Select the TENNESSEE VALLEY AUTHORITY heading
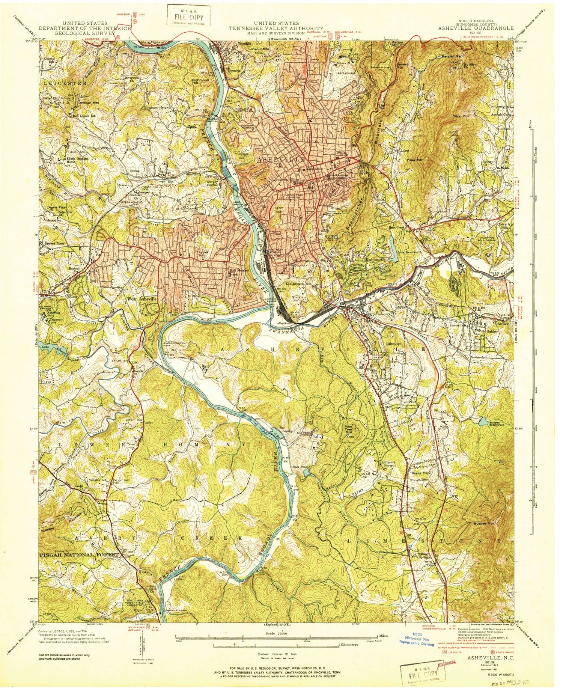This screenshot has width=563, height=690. pyautogui.click(x=276, y=28)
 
